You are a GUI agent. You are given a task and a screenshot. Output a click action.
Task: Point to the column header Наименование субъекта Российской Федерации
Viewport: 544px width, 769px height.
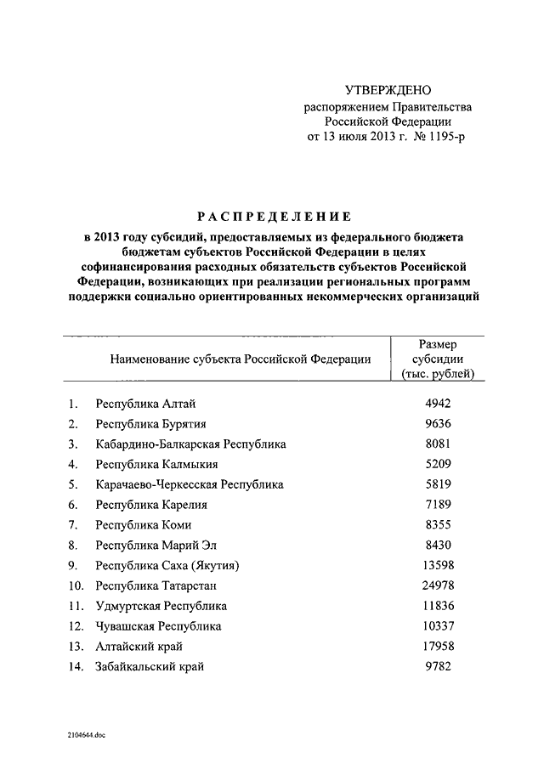[241, 359]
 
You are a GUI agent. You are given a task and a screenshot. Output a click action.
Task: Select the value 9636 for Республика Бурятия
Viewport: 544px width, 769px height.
[438, 423]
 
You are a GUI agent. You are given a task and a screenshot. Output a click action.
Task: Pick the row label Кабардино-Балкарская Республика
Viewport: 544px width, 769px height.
[191, 444]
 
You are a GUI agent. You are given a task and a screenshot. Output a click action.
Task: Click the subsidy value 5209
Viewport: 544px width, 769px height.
[438, 464]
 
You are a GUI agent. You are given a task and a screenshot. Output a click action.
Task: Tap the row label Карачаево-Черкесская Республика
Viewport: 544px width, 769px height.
[190, 484]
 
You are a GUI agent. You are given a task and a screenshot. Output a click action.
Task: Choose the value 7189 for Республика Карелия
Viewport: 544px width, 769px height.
[438, 505]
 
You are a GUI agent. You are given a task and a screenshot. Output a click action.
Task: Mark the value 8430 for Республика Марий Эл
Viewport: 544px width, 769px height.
[438, 546]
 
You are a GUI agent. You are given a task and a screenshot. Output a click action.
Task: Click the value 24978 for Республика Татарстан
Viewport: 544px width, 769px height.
[438, 585]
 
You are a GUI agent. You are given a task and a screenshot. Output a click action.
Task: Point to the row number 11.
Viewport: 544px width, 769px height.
[75, 606]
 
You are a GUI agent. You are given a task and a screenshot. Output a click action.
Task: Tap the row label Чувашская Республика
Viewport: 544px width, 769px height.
[159, 626]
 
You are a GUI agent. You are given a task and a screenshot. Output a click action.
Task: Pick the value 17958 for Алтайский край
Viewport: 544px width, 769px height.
[438, 647]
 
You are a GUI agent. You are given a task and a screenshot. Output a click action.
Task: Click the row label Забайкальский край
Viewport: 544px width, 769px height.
[150, 667]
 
